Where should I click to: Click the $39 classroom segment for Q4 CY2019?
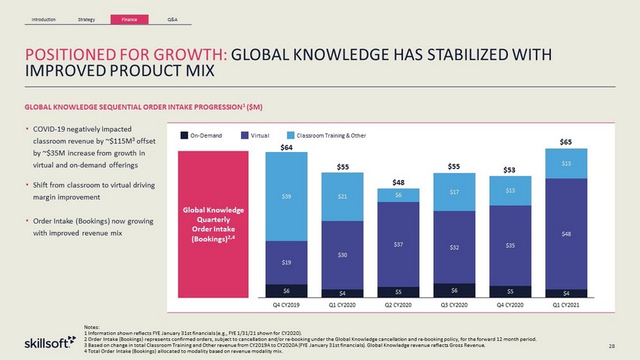click(286, 197)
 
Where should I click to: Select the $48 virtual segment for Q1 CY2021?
click(566, 233)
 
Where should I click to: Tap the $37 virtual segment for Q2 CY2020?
click(398, 245)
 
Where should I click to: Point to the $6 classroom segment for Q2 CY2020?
click(398, 195)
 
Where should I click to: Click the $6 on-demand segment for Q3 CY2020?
click(454, 290)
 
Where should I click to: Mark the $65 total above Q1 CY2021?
click(566, 142)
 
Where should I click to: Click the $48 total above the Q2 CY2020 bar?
click(398, 182)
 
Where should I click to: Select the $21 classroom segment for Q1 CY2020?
click(343, 197)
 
